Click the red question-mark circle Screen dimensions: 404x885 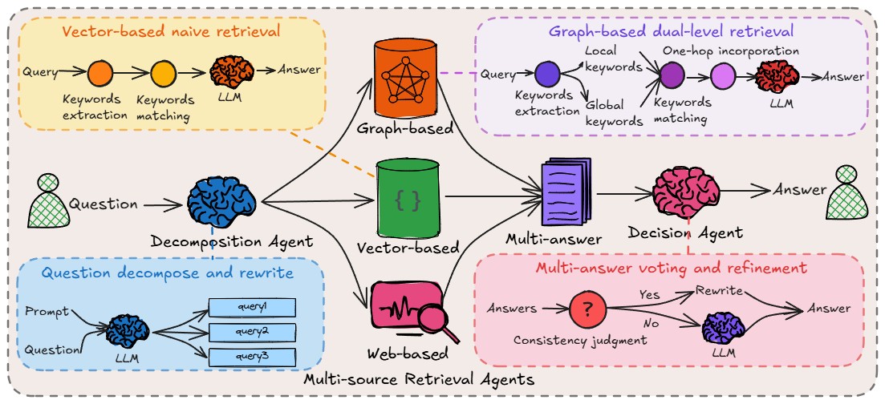587,308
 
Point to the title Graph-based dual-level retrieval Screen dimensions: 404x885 671,32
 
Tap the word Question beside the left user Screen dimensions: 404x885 104,204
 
